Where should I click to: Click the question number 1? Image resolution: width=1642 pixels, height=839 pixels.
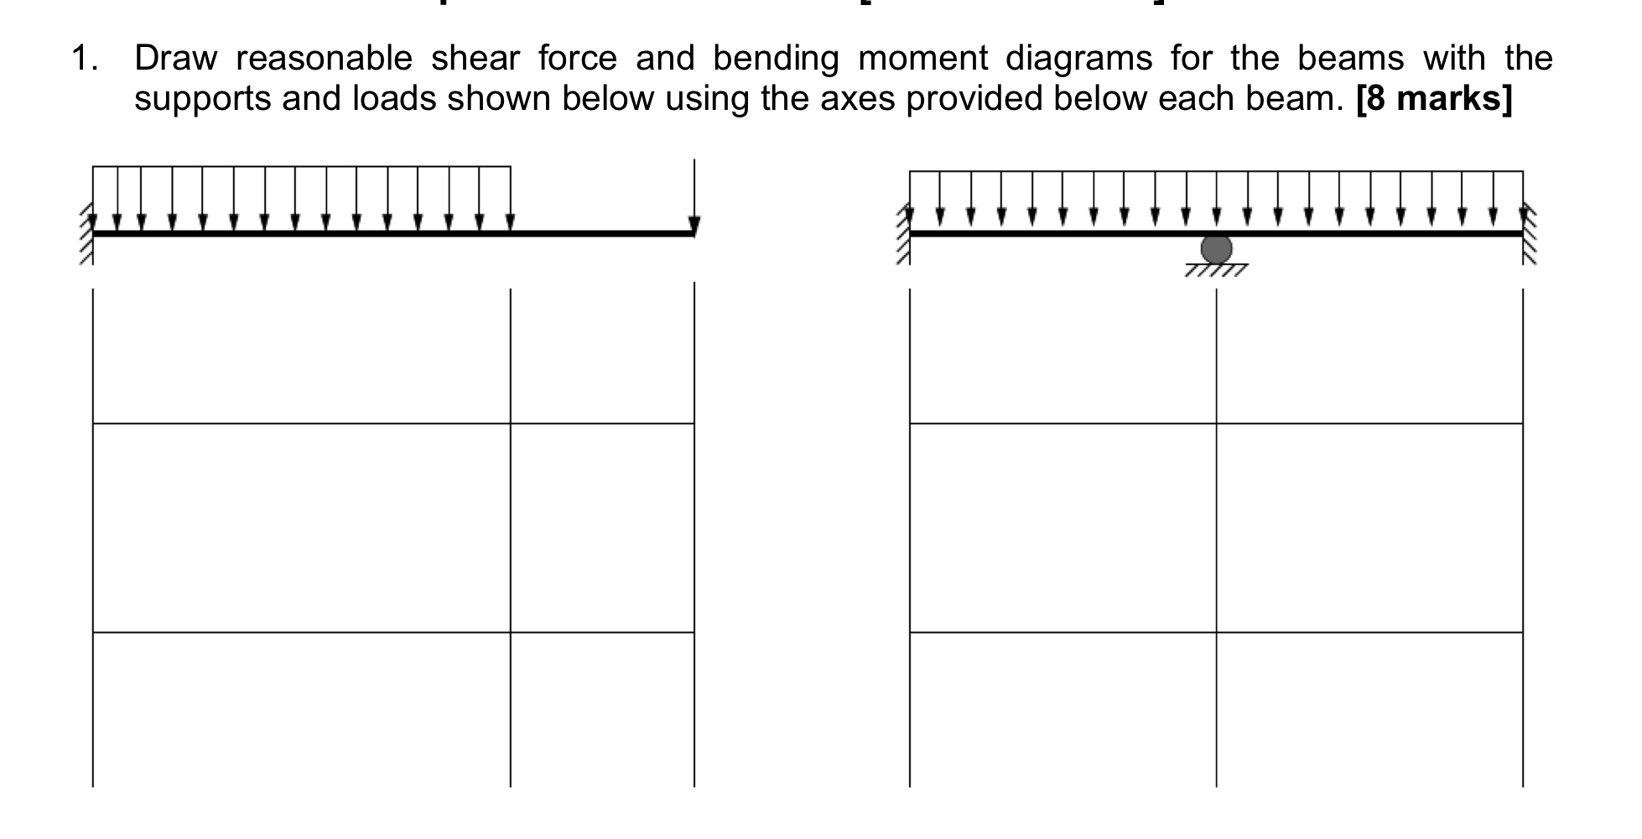click(83, 59)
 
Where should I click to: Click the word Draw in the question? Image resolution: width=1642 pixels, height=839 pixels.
click(175, 59)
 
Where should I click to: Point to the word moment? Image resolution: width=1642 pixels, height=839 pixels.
click(922, 59)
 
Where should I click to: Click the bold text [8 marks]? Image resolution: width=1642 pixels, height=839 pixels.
click(1433, 100)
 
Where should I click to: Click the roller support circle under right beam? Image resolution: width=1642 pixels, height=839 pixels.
click(1216, 249)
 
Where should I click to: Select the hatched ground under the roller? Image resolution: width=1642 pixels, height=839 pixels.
click(1216, 270)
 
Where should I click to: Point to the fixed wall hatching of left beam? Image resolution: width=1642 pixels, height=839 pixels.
click(86, 237)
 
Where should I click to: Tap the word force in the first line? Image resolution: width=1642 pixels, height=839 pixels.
click(577, 59)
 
